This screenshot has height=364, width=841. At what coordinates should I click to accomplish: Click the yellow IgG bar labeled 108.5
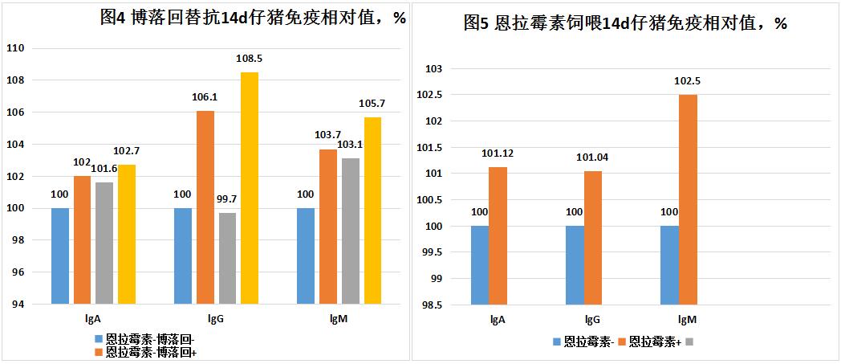click(x=250, y=188)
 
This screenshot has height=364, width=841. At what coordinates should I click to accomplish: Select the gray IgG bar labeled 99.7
click(x=227, y=258)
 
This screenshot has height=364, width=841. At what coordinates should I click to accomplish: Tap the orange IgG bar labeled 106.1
click(x=205, y=207)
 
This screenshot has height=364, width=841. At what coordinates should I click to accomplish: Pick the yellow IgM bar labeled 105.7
click(x=372, y=211)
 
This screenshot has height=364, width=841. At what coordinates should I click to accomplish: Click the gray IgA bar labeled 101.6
click(x=104, y=243)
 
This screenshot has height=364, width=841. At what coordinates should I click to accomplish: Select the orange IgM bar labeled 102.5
click(x=689, y=199)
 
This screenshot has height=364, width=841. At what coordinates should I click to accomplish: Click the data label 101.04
click(x=593, y=157)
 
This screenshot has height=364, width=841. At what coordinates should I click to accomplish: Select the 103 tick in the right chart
click(x=433, y=69)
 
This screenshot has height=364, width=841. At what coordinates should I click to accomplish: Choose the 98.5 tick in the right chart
click(x=430, y=305)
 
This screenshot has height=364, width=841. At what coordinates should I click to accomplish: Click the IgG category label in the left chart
click(x=215, y=319)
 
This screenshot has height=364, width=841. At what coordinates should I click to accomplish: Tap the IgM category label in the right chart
click(x=678, y=320)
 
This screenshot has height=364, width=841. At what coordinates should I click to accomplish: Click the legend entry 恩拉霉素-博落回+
click(x=151, y=352)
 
